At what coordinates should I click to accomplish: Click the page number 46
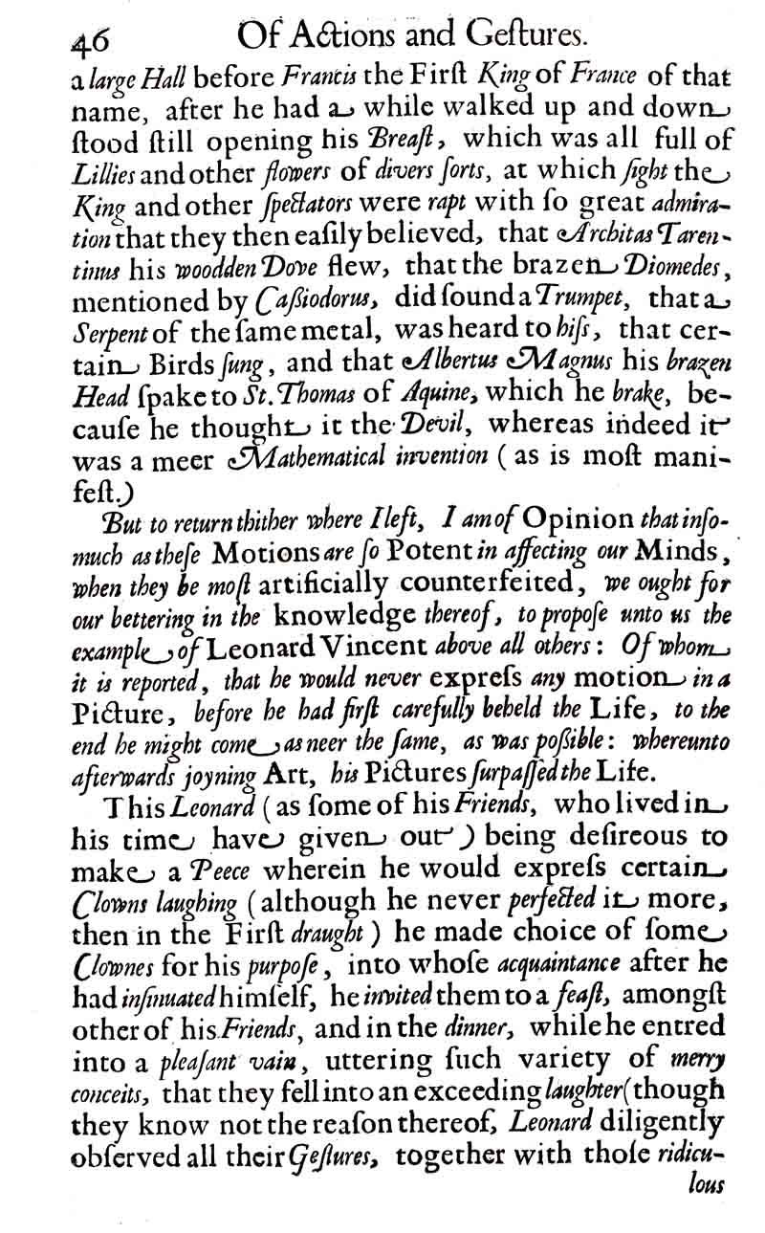coord(88,40)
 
